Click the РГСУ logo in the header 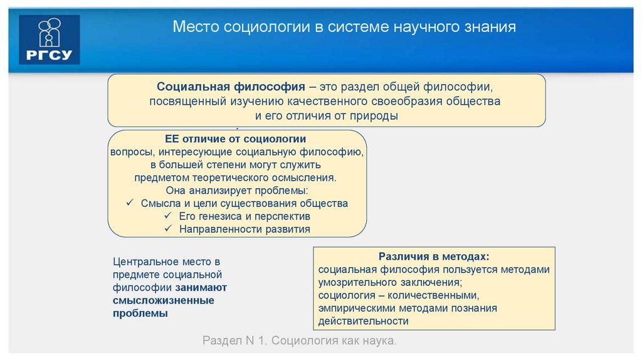coord(50,40)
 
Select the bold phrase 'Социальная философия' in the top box coord(231,86)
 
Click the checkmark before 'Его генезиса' coord(168,216)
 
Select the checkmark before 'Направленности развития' coord(168,229)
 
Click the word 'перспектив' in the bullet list coord(283,216)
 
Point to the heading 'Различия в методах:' coord(433,257)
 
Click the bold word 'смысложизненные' coord(163,300)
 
